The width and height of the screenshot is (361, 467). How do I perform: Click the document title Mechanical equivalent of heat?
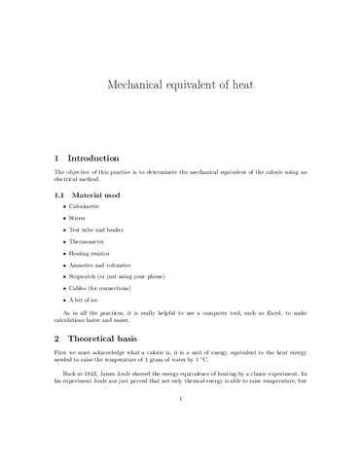tap(180, 85)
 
